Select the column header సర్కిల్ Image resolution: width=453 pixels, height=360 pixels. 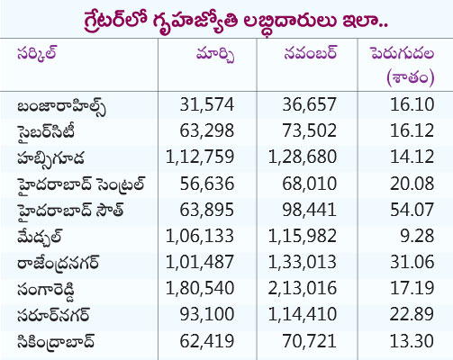tap(37, 54)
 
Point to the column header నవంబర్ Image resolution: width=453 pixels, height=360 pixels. tap(311, 53)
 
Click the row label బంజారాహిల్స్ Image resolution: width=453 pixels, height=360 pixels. tap(61, 106)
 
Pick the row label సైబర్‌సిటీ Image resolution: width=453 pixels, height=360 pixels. tap(46, 132)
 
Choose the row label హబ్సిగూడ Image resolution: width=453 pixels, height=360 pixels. tap(50, 157)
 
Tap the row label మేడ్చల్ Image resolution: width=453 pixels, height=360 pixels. tap(40, 237)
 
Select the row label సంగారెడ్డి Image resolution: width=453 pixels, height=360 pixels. tap(46, 290)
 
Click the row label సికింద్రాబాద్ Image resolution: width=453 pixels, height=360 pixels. tap(56, 341)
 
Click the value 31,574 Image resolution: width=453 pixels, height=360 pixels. tap(207, 104)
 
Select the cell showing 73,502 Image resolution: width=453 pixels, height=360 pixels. tap(309, 130)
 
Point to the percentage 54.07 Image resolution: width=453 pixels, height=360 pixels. tap(412, 210)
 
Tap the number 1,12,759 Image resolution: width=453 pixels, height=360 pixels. tap(200, 157)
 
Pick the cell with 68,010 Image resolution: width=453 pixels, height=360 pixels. tap(309, 184)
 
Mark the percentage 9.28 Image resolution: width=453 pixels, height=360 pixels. tap(417, 236)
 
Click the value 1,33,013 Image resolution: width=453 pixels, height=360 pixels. tap(302, 263)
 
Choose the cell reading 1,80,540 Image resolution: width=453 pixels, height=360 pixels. tap(200, 289)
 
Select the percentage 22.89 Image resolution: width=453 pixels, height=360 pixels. tap(412, 315)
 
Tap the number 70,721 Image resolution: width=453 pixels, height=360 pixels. tap(309, 341)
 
